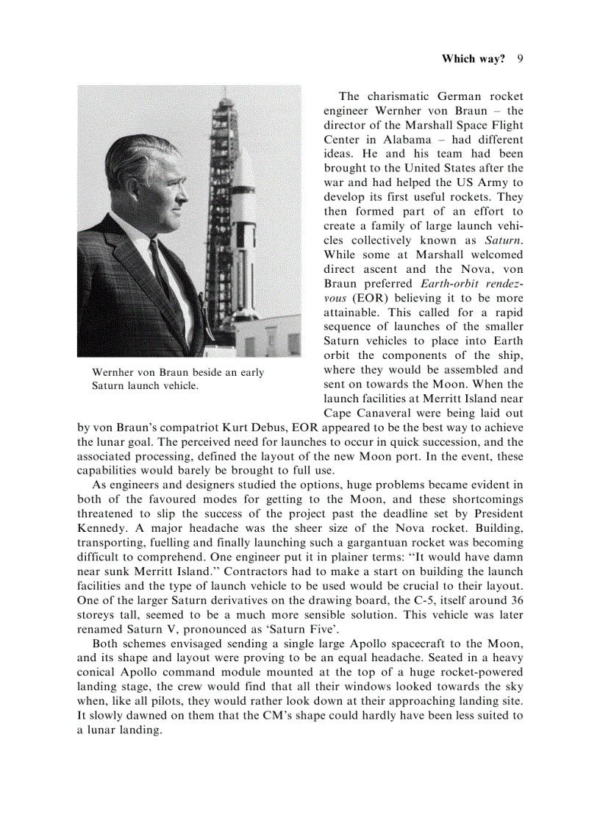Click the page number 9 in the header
click(520, 59)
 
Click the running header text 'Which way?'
click(473, 59)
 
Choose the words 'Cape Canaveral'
click(364, 413)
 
